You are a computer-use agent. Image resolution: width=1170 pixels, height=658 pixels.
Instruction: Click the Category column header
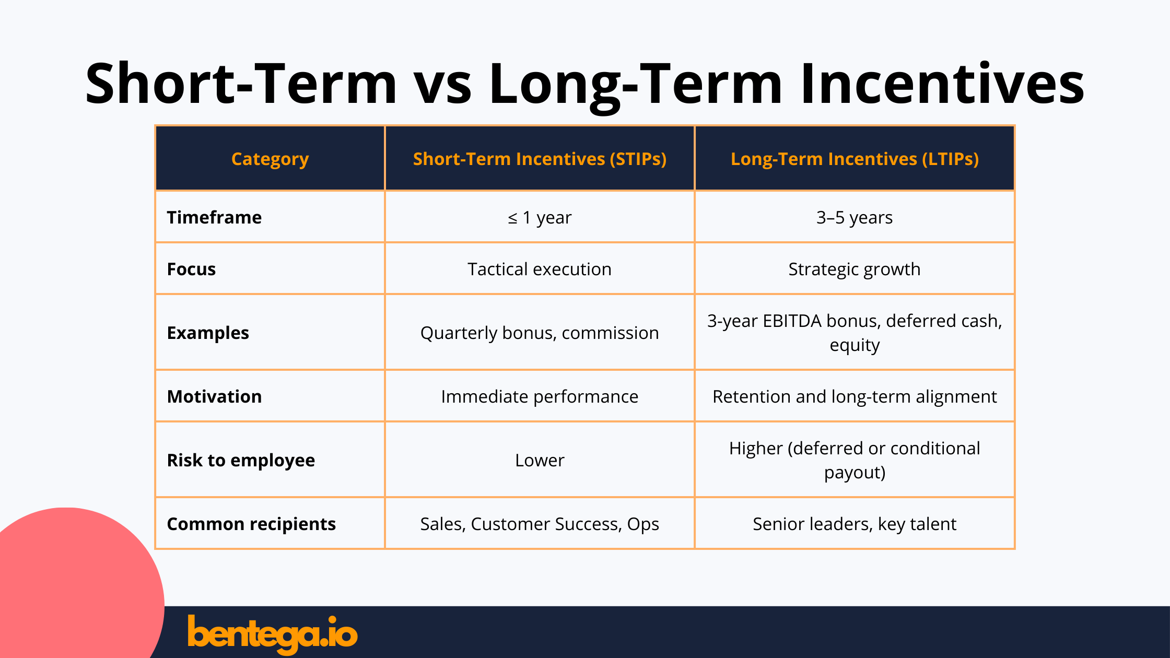pos(270,159)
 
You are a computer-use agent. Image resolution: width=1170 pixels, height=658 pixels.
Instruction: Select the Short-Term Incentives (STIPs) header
pos(540,159)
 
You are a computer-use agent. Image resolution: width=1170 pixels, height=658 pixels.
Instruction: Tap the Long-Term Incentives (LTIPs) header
pos(855,159)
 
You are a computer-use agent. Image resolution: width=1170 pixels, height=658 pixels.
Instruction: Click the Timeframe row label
pos(214,217)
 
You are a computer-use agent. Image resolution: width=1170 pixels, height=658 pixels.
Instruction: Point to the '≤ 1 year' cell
pos(540,217)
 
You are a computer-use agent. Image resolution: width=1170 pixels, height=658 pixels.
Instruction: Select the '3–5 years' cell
pos(855,217)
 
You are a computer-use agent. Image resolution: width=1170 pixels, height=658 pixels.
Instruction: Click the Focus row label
pos(191,269)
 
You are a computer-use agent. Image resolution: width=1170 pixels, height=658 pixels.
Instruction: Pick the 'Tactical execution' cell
pos(540,269)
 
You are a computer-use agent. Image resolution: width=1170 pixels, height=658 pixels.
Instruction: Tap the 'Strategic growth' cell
pos(855,269)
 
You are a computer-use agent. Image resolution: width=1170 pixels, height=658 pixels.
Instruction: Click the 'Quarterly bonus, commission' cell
pos(540,333)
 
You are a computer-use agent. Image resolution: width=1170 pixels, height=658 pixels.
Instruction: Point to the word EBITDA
pos(792,321)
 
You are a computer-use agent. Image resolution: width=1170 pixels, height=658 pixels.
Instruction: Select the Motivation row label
pos(214,396)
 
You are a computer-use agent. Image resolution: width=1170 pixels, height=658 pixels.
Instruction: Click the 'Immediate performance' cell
pos(540,396)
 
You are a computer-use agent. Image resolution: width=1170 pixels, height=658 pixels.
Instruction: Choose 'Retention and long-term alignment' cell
pos(855,396)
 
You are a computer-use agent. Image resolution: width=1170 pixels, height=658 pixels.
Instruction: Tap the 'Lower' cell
pos(540,460)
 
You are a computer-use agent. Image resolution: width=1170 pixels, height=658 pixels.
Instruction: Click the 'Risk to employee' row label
pos(241,460)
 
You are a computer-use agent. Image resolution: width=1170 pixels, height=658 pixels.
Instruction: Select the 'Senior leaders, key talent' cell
pos(855,524)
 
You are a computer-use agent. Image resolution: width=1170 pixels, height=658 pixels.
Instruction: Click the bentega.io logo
pos(272,633)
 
